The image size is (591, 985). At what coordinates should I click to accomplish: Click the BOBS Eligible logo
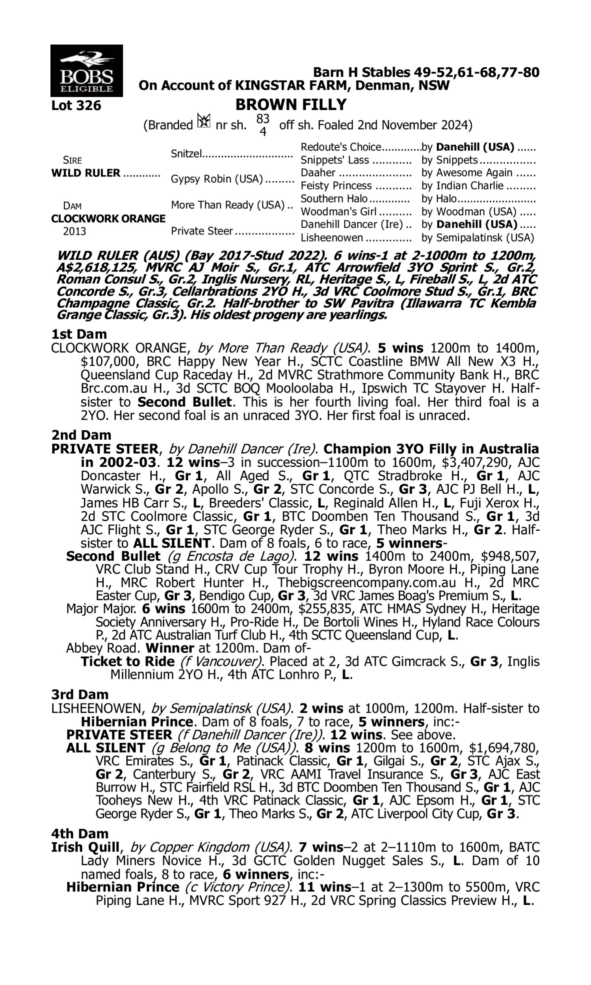[x=86, y=71]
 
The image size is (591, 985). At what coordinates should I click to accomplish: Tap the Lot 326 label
[x=76, y=106]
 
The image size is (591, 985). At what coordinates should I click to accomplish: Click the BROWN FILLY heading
[x=291, y=105]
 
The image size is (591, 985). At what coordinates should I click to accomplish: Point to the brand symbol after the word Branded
[x=204, y=121]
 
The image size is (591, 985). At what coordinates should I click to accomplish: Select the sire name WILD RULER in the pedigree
[x=85, y=173]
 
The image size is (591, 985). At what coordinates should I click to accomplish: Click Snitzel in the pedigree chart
[x=186, y=154]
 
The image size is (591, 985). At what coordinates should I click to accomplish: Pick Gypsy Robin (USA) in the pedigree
[x=217, y=179]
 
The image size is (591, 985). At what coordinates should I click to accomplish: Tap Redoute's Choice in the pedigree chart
[x=341, y=147]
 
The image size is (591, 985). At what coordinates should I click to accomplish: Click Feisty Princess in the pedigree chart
[x=336, y=186]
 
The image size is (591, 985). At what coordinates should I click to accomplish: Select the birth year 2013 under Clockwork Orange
[x=74, y=232]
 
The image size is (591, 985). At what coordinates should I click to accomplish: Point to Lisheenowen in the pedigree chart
[x=332, y=238]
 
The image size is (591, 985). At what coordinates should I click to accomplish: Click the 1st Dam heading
[x=79, y=334]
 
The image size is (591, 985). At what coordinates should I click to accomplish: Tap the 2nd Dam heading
[x=81, y=435]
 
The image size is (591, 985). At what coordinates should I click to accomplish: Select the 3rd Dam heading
[x=80, y=694]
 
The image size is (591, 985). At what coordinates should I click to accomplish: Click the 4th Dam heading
[x=80, y=834]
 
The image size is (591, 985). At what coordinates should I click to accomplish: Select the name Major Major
[x=101, y=609]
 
